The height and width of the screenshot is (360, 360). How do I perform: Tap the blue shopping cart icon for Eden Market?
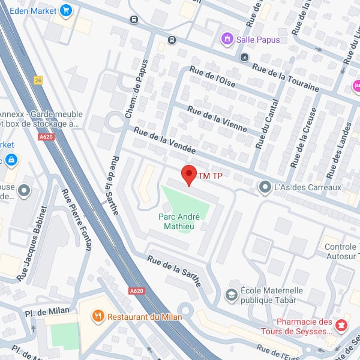[66, 10]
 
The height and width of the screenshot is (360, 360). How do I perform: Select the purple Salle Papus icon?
[227, 40]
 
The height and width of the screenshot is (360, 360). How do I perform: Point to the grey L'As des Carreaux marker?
[265, 188]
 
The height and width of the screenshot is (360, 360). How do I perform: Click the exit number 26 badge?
[39, 80]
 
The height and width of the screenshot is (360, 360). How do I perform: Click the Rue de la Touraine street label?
[286, 77]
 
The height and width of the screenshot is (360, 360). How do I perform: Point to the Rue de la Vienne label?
[214, 118]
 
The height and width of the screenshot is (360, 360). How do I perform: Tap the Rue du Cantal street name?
[268, 124]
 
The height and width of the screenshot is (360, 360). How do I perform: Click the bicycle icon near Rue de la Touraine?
[244, 58]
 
